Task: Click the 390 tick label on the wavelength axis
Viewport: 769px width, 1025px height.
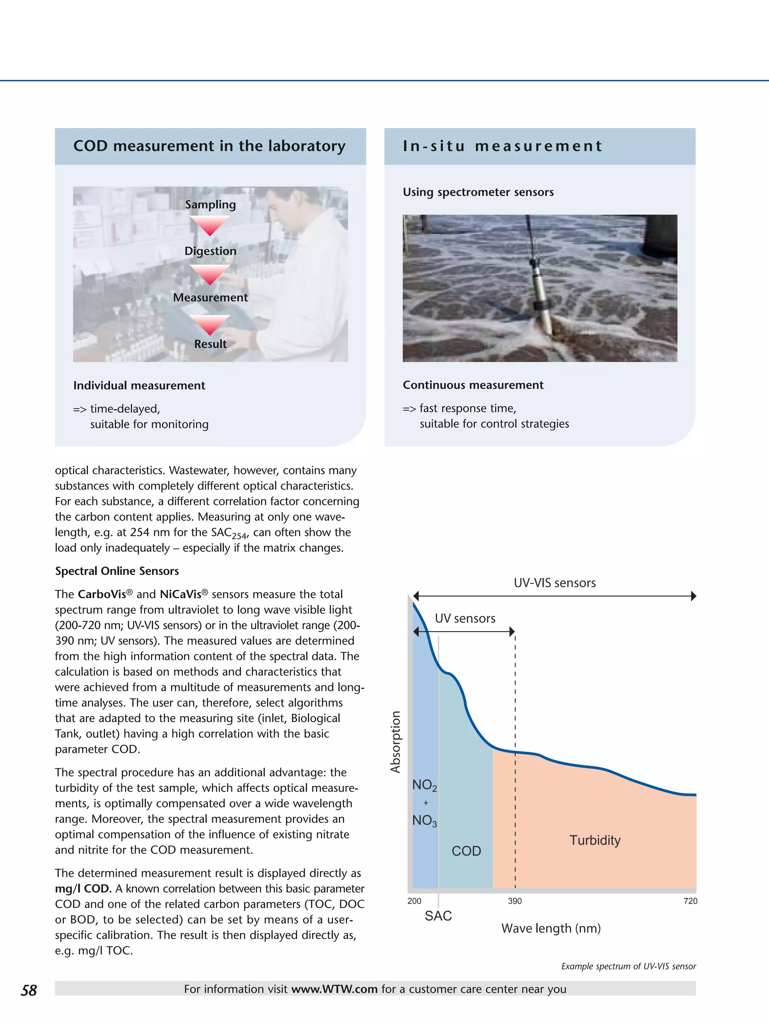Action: pos(514,901)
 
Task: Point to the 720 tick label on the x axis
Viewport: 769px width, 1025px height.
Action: pos(690,901)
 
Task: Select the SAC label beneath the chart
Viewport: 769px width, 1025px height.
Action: pos(438,916)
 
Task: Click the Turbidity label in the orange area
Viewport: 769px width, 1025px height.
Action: pos(595,840)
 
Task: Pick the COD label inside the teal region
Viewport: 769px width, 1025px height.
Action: pos(466,851)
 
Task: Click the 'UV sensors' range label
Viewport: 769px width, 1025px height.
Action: pos(465,619)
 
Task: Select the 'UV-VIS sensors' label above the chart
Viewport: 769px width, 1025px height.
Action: pos(554,583)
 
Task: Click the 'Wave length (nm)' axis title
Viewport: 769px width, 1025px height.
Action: pos(551,928)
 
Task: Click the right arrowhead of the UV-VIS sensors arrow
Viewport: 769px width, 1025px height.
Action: pos(694,596)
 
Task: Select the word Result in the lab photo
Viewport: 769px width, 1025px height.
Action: pos(210,344)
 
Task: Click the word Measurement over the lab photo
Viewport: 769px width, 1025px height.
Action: pos(210,298)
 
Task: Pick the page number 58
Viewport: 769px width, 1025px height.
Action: pos(29,990)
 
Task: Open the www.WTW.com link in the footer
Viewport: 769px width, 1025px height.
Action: pos(334,989)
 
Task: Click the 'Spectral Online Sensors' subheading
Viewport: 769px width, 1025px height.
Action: pos(117,571)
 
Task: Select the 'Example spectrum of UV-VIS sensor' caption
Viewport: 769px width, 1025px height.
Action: pos(628,966)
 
